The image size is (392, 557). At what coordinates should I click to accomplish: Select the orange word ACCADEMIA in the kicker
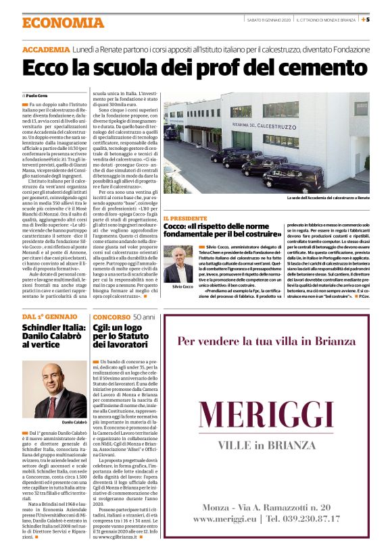coord(45,51)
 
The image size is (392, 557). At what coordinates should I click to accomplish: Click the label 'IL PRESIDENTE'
coord(185,219)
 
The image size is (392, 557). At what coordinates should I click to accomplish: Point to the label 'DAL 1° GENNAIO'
coord(50,317)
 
